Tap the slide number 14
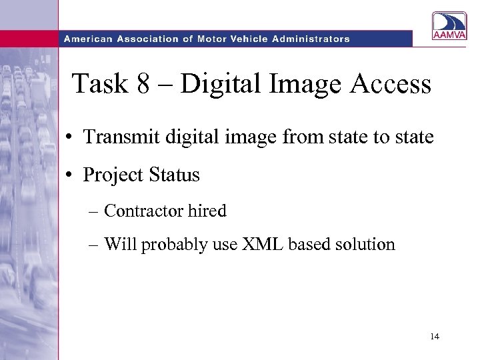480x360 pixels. coord(434,337)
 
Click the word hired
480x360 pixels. coord(207,211)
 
